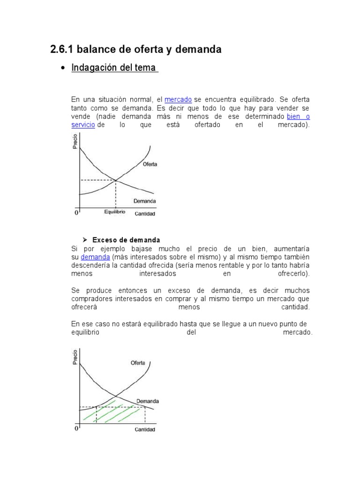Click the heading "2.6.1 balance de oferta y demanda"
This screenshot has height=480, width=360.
point(135,49)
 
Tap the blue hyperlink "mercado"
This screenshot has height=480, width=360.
point(178,100)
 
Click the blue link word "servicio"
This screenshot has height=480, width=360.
point(83,125)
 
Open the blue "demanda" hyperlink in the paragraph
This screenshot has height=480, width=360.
point(95,257)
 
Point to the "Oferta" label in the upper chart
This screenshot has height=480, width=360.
point(150,164)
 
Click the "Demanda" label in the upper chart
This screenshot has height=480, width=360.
point(145,201)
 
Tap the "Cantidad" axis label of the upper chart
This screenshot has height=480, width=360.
point(145,214)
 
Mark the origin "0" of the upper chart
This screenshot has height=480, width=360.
point(76,213)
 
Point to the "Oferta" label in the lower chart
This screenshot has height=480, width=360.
point(138,363)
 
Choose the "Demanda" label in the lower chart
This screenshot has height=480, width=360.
point(148,401)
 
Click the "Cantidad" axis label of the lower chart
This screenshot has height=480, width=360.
point(145,429)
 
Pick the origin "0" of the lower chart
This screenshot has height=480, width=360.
point(76,428)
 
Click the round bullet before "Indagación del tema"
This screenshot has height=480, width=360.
point(63,68)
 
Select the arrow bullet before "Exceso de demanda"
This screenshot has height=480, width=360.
point(85,240)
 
